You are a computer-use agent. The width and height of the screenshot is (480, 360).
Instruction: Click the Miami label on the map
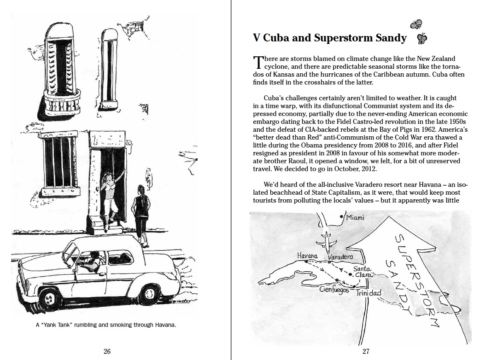pyautogui.click(x=355, y=218)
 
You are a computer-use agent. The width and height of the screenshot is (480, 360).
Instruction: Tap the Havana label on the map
pyautogui.click(x=307, y=256)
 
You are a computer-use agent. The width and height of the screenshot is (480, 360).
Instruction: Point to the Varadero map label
pyautogui.click(x=340, y=257)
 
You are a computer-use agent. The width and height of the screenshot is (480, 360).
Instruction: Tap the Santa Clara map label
pyautogui.click(x=363, y=272)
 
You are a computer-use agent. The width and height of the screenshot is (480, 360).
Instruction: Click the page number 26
pyautogui.click(x=107, y=351)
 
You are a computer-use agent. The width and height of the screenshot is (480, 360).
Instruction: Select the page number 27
pyautogui.click(x=366, y=351)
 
